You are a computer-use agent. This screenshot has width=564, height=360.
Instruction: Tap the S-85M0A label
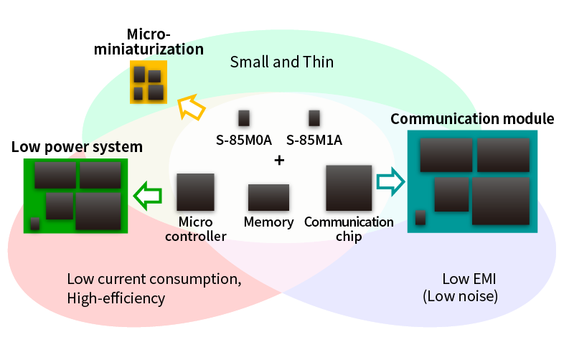pos(244,140)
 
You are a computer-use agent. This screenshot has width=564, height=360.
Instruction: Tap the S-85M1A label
pos(314,140)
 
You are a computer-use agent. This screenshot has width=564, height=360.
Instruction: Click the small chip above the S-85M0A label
pos(244,118)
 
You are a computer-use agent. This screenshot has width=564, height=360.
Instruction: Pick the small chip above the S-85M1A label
pos(314,118)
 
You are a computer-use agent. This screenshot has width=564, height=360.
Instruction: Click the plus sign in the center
pos(279,161)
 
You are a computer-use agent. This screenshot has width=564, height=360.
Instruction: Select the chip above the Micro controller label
pos(196,191)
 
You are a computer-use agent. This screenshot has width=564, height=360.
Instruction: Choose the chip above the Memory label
pos(268,197)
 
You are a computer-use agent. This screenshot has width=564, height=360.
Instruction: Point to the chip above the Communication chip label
pos(349,188)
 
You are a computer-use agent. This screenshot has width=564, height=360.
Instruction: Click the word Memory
pos(268,222)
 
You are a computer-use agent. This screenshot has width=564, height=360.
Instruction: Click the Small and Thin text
pos(281,62)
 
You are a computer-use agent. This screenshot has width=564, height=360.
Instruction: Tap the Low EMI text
pos(460,278)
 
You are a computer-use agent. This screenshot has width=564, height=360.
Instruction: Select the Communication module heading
pos(472,118)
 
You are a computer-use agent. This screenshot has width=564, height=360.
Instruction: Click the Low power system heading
pos(77,147)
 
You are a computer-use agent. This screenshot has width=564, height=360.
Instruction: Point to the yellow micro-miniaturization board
pos(148,82)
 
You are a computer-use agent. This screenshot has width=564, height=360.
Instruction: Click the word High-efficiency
pos(116,298)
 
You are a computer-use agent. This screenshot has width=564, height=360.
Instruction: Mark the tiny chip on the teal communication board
pos(420,217)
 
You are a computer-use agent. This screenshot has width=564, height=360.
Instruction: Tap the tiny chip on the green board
pos(34,224)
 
